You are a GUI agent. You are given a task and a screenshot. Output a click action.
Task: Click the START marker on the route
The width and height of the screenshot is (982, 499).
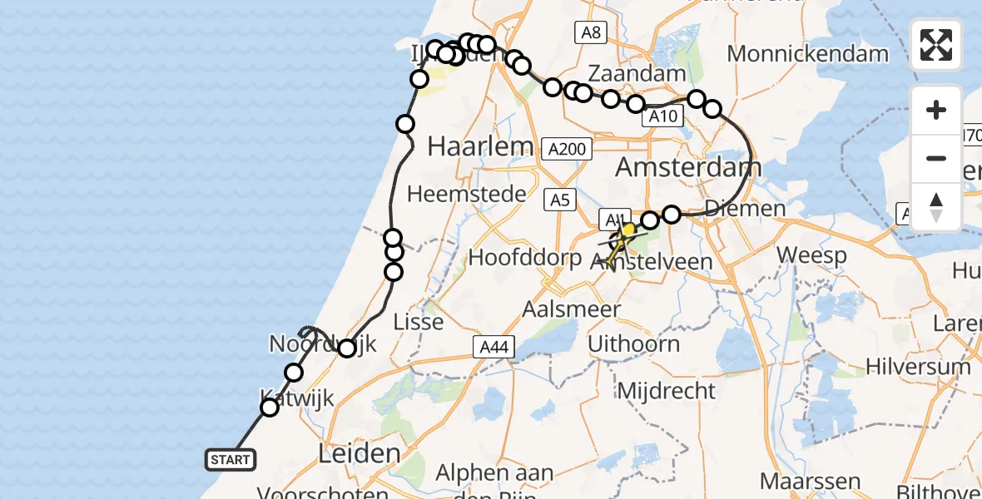click(x=230, y=459)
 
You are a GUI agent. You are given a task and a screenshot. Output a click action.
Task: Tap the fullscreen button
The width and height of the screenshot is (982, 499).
click(x=936, y=45)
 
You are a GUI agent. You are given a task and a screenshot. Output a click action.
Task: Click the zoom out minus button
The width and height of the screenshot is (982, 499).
click(x=936, y=158)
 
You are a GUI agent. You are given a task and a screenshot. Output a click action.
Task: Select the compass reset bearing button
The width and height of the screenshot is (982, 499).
click(x=936, y=206)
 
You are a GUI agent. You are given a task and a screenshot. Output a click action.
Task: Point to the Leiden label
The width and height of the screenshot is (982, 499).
click(x=359, y=453)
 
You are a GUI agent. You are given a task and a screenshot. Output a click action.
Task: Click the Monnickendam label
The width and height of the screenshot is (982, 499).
click(x=807, y=54)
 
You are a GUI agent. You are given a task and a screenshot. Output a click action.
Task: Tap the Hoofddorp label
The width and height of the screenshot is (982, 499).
click(x=525, y=257)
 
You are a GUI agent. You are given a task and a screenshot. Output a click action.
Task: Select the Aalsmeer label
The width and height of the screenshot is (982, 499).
click(x=571, y=309)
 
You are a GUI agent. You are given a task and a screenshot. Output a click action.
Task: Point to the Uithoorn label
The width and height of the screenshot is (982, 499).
click(x=633, y=343)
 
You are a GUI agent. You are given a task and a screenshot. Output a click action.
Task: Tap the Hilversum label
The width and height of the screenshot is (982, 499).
click(x=918, y=366)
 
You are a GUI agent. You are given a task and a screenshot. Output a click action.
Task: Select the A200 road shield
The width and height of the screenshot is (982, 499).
click(x=568, y=150)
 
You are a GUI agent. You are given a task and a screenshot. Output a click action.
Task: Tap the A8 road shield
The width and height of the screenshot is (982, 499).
click(x=591, y=32)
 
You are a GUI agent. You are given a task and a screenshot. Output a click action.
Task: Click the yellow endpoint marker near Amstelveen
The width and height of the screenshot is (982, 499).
click(x=629, y=229)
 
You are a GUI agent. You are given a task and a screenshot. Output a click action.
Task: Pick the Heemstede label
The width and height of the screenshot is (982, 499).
click(x=467, y=195)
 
